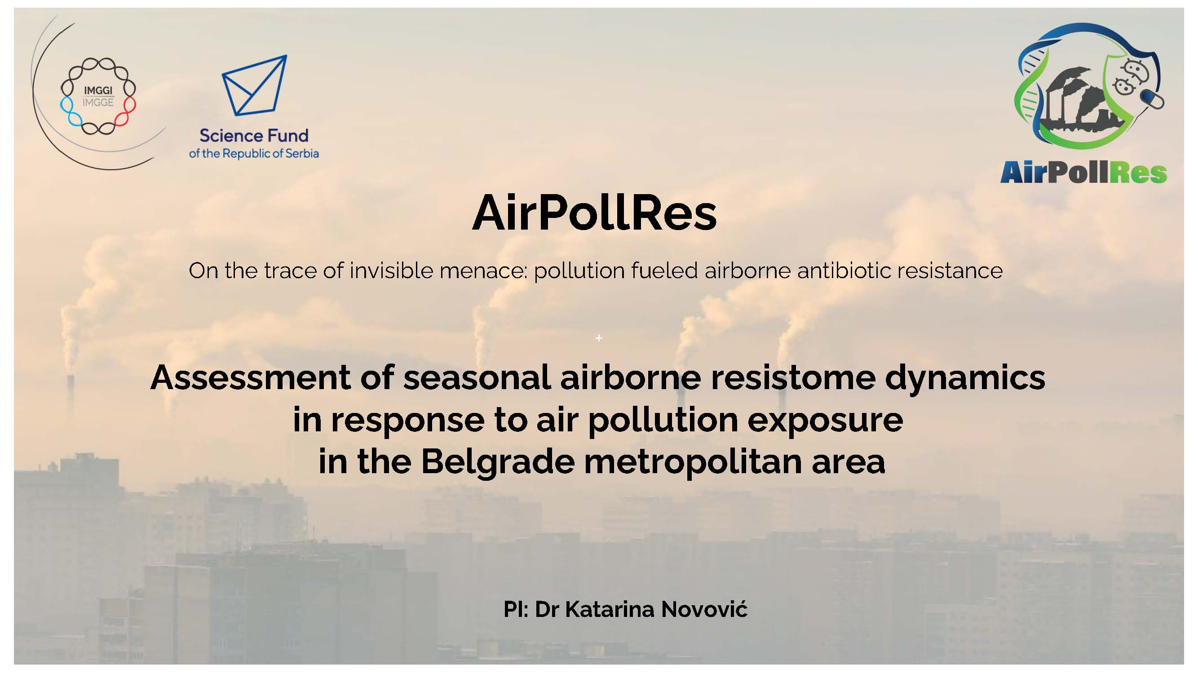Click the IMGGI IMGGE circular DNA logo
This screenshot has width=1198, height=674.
98,96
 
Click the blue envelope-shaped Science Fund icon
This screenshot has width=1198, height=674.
254,85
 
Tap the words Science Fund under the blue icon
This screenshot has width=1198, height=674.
254,136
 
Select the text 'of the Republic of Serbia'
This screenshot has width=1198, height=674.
254,154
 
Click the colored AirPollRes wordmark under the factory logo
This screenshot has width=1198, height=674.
1083,172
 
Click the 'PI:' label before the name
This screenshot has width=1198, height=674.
516,609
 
